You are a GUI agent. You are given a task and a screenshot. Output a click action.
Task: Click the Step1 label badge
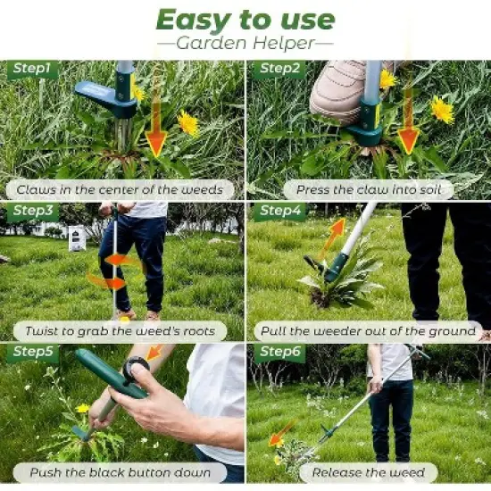[32, 70]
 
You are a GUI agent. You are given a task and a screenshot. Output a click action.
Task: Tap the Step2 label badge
[279, 70]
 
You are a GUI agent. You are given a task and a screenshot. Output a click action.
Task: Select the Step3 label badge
[32, 212]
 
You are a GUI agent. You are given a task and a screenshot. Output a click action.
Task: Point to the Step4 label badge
[279, 212]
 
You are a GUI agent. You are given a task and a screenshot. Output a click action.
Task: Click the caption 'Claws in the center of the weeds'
[122, 189]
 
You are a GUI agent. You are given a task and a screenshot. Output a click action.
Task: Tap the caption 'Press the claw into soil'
[369, 189]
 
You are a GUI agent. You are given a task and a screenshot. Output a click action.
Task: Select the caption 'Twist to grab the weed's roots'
[121, 331]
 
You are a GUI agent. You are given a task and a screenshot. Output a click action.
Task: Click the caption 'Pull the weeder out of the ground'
[368, 331]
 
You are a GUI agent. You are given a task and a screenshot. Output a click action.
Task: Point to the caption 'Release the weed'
[368, 472]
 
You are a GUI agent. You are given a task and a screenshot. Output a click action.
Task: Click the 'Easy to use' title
[245, 20]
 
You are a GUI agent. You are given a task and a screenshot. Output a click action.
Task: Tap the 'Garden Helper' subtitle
[245, 42]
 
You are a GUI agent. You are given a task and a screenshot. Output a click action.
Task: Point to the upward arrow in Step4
[331, 238]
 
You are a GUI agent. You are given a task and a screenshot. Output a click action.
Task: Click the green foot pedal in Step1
[104, 96]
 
